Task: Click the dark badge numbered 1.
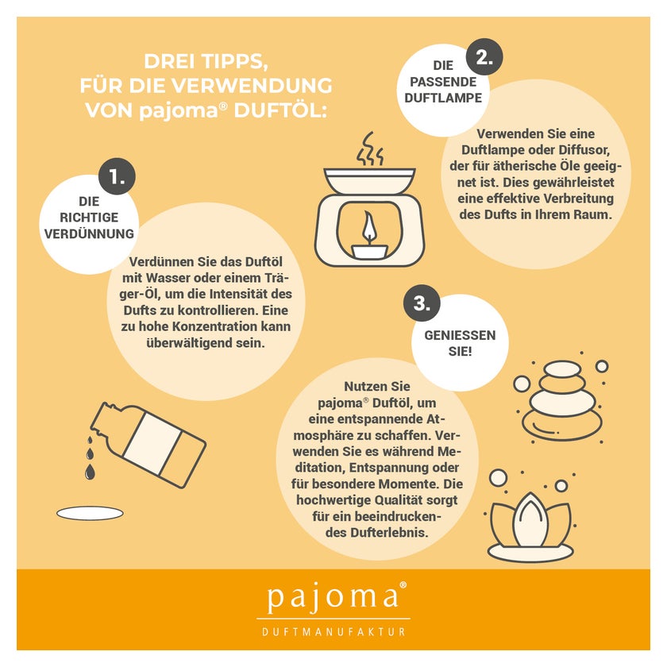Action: click(117, 176)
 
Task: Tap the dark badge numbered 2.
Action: click(484, 57)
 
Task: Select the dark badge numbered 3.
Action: click(422, 303)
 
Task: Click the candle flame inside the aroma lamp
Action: click(368, 229)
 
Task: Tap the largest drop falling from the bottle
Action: click(90, 472)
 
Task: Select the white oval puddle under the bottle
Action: click(91, 513)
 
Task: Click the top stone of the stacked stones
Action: click(562, 368)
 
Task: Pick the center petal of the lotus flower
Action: click(530, 520)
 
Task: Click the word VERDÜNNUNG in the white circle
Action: click(89, 233)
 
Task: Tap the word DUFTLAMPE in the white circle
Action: click(443, 98)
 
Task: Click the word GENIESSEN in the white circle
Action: click(460, 335)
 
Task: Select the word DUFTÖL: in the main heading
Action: click(280, 110)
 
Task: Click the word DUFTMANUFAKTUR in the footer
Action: click(333, 632)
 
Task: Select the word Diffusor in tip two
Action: click(584, 150)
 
